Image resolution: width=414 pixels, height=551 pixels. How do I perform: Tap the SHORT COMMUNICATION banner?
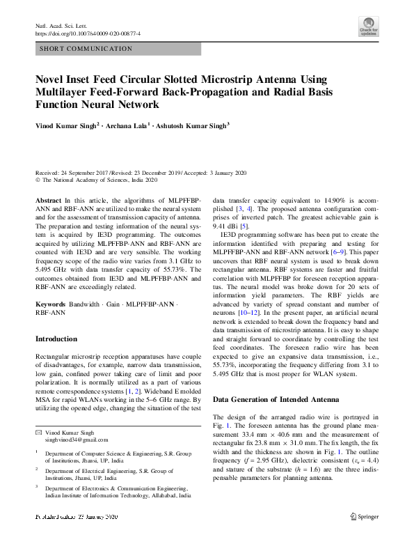click(86, 49)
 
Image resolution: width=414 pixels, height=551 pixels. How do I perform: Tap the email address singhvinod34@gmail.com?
click(79, 441)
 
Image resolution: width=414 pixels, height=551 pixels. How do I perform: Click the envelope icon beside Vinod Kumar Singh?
click(38, 433)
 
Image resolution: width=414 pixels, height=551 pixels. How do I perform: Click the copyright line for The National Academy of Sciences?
click(96, 179)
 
